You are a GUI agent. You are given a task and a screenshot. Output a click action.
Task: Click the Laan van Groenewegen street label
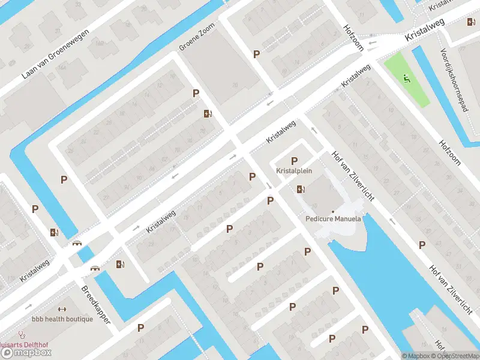coord(55,55)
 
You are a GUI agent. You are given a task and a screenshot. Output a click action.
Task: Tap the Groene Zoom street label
coord(196,39)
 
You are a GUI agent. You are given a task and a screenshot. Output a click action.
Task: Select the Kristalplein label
coord(294,171)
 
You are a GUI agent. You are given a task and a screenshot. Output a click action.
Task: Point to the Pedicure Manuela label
coord(333,219)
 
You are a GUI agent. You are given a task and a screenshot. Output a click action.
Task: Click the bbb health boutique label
coord(62,319)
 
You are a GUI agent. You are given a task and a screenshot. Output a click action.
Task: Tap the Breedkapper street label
coord(96,305)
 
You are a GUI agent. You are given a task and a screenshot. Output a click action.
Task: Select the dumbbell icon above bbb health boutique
coord(62,309)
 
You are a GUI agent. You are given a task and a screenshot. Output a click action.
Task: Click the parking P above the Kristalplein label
coord(294,160)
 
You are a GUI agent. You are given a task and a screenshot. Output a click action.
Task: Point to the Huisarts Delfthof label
coord(24,344)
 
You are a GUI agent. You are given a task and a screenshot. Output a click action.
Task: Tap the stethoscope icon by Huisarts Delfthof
coord(22,335)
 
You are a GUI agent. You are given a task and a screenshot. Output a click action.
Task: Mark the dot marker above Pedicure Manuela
coord(333,211)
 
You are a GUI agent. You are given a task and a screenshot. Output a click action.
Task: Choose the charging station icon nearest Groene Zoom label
coord(208,113)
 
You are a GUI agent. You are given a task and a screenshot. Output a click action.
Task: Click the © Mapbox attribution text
coord(416,356)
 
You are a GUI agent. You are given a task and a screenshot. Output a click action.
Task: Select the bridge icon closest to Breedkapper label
coord(95,268)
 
